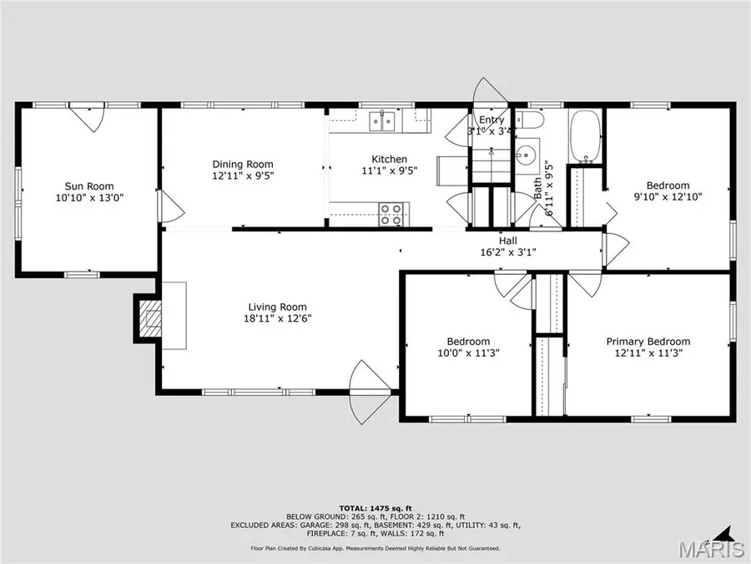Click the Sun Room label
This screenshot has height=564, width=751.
click(89, 186)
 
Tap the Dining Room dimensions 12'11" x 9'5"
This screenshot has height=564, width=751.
click(243, 176)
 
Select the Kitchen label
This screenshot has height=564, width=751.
click(389, 159)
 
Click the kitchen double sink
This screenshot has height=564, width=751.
click(384, 121)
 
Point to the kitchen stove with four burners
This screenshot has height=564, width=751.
click(391, 215)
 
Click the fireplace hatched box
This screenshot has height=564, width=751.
click(151, 318)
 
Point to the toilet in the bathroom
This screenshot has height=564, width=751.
click(530, 125)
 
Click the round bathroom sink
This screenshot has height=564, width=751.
click(526, 155)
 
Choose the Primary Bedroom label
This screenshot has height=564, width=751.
click(648, 341)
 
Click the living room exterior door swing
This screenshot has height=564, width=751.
click(368, 380)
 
